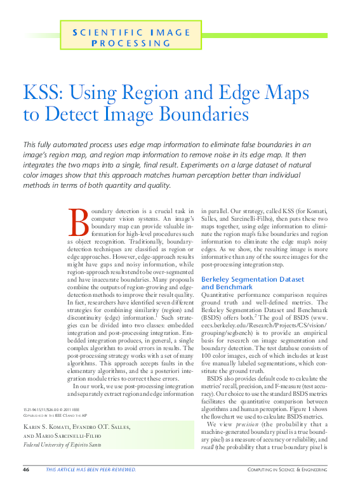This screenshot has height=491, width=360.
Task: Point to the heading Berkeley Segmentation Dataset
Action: pos(251,278)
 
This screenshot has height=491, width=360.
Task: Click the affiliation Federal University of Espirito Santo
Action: pos(62,445)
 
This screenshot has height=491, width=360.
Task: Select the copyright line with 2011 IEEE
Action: pos(48,411)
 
